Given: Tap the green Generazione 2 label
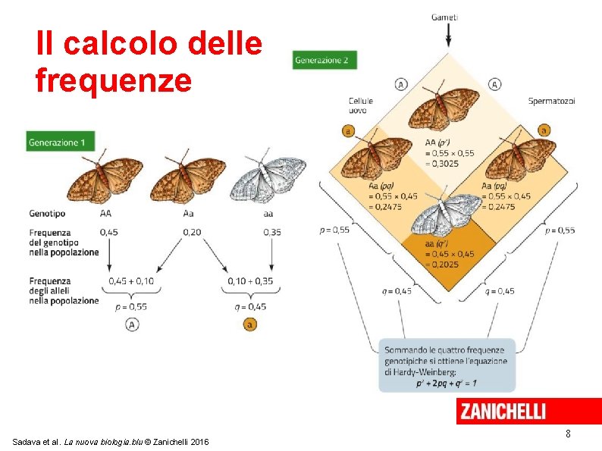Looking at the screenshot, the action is [325, 60].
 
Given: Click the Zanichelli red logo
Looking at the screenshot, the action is [501, 412].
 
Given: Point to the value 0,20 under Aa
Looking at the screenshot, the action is [191, 232].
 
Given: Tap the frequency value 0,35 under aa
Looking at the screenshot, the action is [272, 232].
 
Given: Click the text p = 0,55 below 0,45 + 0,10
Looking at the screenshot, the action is [130, 306].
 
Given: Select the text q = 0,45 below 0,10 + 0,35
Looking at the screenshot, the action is [249, 306].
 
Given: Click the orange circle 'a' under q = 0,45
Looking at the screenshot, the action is [249, 324].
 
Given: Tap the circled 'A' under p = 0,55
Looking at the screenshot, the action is [130, 324].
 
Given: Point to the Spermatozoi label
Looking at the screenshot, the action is [551, 102].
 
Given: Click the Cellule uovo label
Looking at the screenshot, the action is [360, 105].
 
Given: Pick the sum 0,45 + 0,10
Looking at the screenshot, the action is [130, 281].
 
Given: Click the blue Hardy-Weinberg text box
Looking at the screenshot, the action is [446, 365].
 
